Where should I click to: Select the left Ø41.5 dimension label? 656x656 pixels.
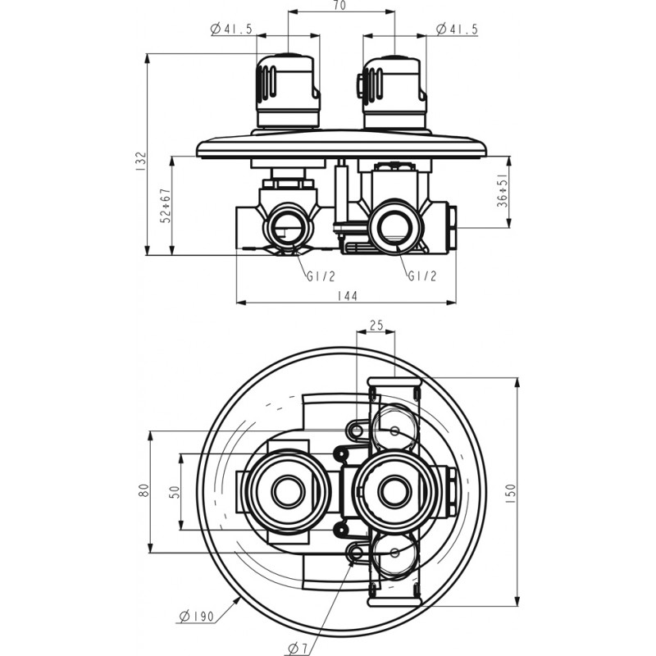231,30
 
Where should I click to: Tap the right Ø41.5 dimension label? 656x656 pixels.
457,30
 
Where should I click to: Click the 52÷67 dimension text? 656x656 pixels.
165,207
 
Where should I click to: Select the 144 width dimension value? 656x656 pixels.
348,296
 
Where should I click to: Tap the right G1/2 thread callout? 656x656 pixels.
421,276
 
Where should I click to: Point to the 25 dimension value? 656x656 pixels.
376,326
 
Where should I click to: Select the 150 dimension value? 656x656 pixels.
512,492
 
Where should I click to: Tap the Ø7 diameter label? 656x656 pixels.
298,648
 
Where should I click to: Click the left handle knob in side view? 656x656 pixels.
286,90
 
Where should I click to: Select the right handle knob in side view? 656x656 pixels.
394,90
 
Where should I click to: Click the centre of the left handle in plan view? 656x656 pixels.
286,492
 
